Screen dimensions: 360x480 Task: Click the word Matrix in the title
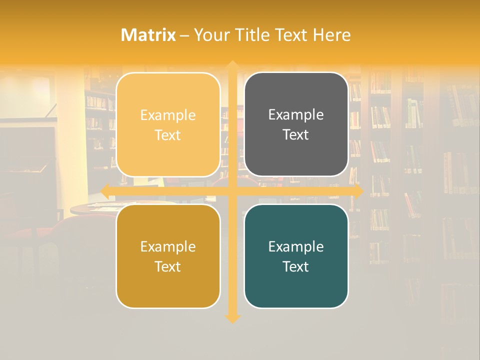(148, 35)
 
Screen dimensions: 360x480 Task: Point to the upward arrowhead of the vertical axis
(232, 65)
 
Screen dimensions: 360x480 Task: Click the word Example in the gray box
(296, 114)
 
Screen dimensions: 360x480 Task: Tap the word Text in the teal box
(296, 266)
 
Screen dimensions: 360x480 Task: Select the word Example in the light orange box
(168, 115)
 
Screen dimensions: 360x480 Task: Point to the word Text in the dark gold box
(168, 266)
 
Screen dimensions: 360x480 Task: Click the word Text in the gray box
(296, 134)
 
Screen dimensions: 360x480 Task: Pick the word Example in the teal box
(296, 246)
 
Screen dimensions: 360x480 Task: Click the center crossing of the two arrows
(232, 191)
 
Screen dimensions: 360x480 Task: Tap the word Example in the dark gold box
(168, 246)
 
